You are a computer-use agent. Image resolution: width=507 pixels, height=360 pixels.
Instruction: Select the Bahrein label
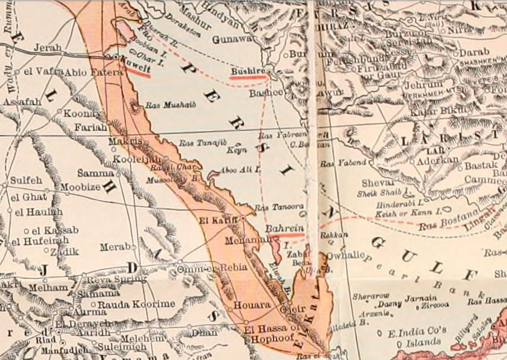coord(284,229)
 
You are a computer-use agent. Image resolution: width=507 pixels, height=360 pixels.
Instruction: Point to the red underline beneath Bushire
coord(247,77)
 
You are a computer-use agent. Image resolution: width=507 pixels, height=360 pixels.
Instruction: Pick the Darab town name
coord(474,52)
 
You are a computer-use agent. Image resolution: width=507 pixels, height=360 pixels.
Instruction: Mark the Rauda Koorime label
coord(136,304)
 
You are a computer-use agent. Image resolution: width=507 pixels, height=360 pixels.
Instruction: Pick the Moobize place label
coord(81,187)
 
